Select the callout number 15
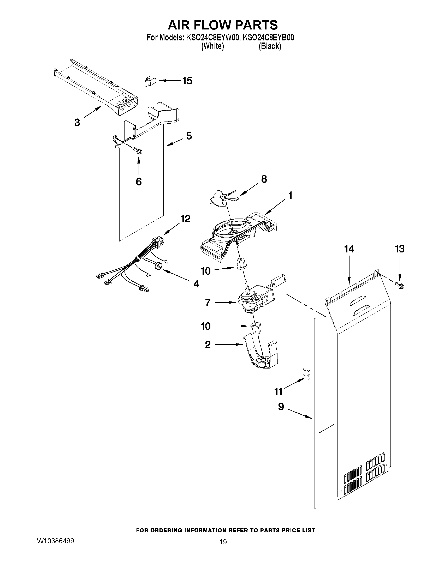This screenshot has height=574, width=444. [187, 81]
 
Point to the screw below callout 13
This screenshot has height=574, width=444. [400, 285]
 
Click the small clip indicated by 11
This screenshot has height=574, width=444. [306, 373]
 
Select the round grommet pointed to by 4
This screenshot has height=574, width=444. [159, 267]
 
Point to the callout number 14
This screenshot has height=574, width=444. [349, 249]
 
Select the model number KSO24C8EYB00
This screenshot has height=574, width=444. [268, 38]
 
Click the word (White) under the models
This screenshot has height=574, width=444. [212, 46]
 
